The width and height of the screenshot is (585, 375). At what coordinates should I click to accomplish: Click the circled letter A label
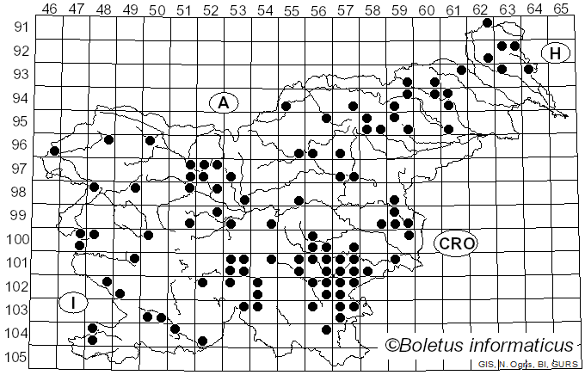tap(223, 102)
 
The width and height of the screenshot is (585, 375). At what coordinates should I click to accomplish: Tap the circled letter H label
tap(556, 53)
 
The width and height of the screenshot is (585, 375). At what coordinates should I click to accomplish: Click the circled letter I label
tap(74, 302)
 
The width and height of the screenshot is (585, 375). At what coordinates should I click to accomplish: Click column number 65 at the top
tap(561, 9)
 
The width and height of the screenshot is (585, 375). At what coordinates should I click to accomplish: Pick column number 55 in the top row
tap(292, 9)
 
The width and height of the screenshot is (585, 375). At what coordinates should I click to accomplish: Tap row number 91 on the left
tap(18, 27)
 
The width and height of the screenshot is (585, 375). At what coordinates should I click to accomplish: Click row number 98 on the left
tap(18, 191)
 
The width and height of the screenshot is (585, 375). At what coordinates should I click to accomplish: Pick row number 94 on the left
tap(18, 97)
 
